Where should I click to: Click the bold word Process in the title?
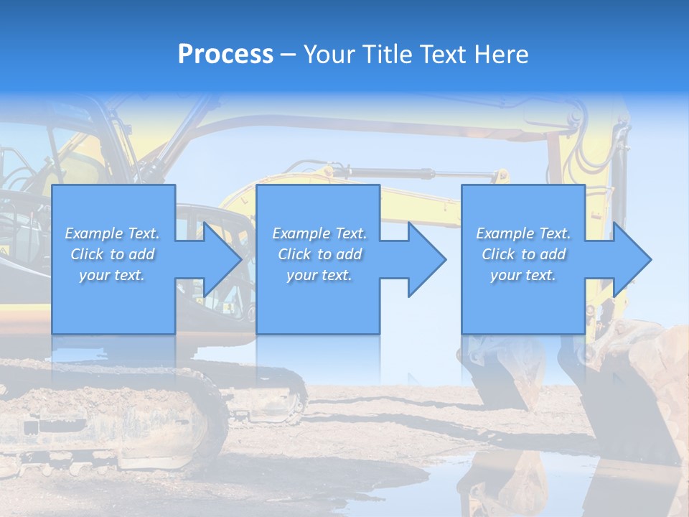point(225,55)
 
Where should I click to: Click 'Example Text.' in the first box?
point(112,233)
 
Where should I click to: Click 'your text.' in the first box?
point(112,275)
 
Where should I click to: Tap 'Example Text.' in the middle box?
point(319,233)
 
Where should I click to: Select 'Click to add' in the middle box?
point(319,254)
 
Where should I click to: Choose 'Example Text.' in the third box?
point(523,233)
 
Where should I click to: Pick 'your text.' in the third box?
point(523,275)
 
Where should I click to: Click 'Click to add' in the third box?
point(523,254)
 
